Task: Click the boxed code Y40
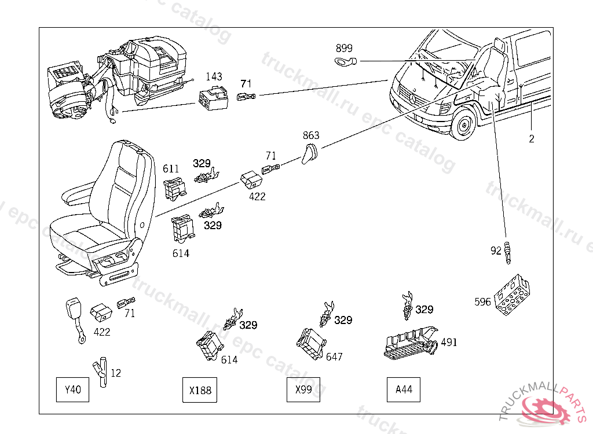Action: click(x=72, y=390)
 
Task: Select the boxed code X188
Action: click(x=200, y=390)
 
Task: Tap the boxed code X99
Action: click(x=303, y=390)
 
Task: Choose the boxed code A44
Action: click(x=404, y=390)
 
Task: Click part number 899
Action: click(x=344, y=49)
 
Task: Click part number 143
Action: click(x=214, y=77)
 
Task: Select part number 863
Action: click(x=311, y=136)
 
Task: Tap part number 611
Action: click(x=171, y=169)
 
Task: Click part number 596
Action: click(x=482, y=301)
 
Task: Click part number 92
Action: click(x=496, y=251)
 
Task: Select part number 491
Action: click(x=449, y=342)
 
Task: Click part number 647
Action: click(x=334, y=357)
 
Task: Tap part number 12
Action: click(x=116, y=373)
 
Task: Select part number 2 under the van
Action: click(x=532, y=139)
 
